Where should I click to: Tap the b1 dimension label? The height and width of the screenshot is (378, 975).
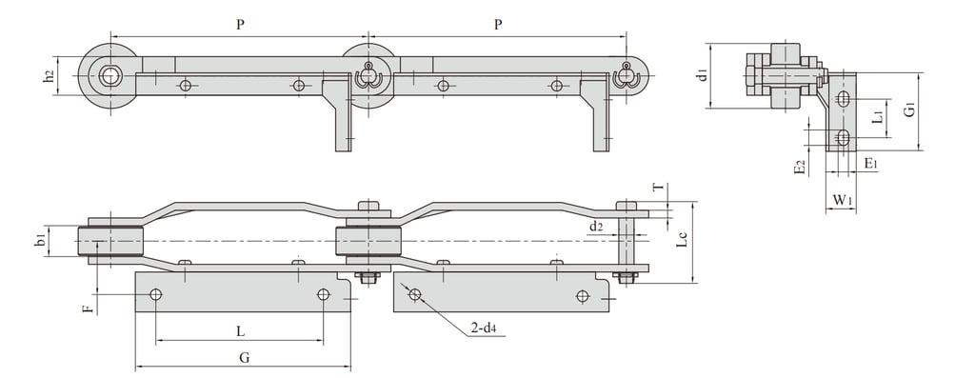click(40, 241)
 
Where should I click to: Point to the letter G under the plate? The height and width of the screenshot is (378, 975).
click(244, 357)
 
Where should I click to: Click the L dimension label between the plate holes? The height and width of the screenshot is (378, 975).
click(241, 331)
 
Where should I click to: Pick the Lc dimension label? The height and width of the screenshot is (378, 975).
click(682, 240)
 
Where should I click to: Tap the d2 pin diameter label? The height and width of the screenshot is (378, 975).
click(596, 227)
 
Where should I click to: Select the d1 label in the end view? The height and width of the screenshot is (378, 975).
click(703, 76)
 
